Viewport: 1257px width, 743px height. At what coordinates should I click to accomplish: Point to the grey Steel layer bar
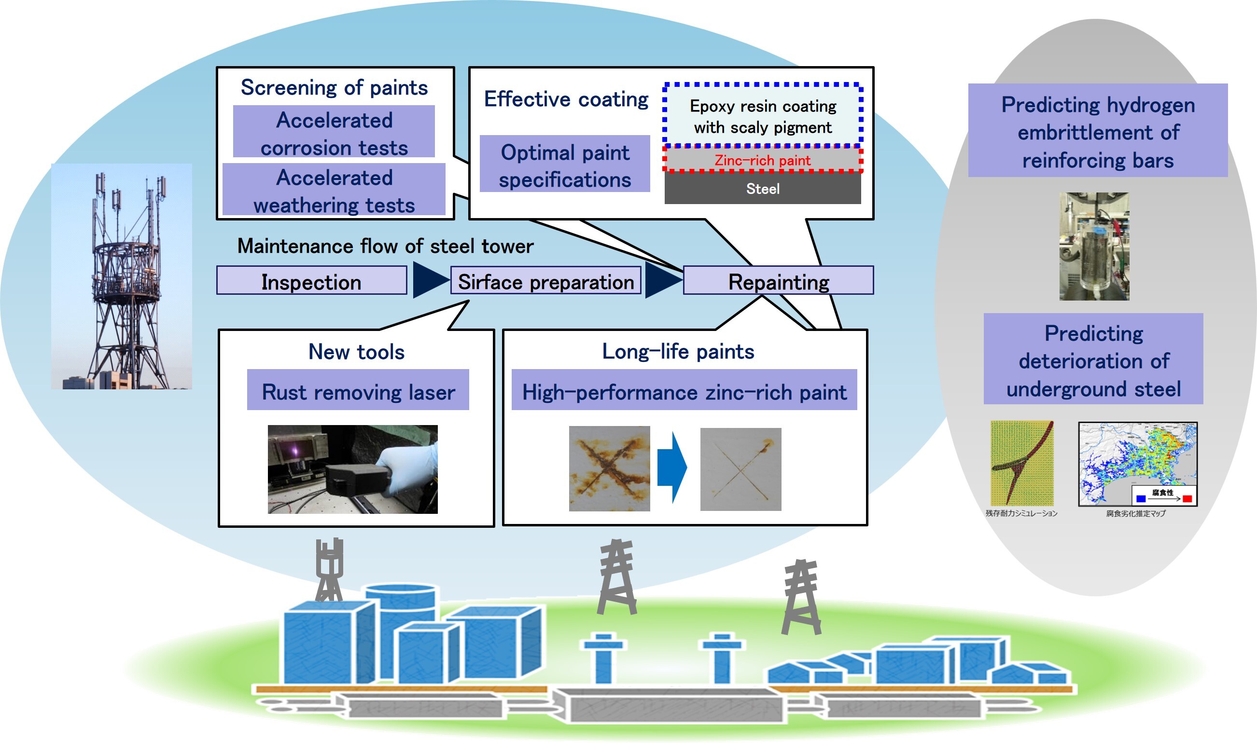point(762,189)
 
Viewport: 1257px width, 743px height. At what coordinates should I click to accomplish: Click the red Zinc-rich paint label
point(762,160)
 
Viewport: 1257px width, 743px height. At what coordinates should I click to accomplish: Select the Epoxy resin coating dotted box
point(762,116)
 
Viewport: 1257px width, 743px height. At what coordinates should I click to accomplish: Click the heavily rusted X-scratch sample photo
point(609,468)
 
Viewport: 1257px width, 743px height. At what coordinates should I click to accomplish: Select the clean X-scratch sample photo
point(740,469)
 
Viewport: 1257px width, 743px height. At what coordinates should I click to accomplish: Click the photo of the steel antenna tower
point(121,276)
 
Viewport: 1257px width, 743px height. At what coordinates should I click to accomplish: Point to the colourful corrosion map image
point(1137,464)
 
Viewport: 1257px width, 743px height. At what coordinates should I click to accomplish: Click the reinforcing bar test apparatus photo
point(1094,247)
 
